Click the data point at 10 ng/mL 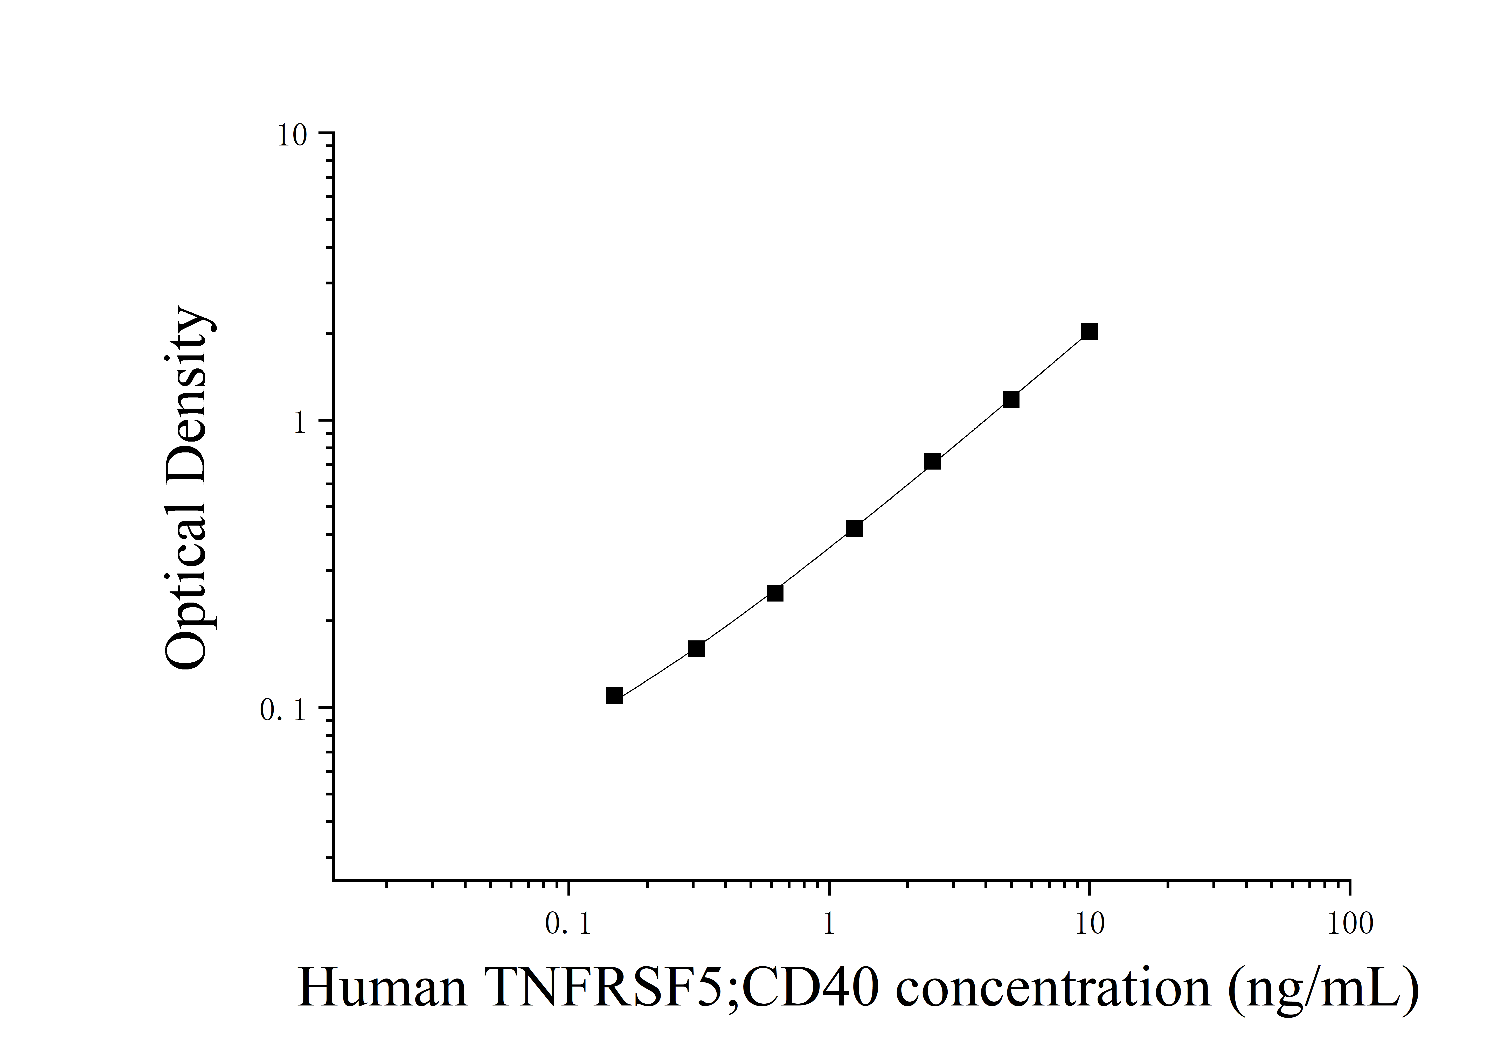1089,332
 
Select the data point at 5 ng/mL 1010,399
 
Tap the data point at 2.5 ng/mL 933,461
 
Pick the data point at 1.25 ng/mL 855,529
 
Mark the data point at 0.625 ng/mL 775,593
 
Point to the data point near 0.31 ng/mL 696,649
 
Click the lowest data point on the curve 614,696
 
